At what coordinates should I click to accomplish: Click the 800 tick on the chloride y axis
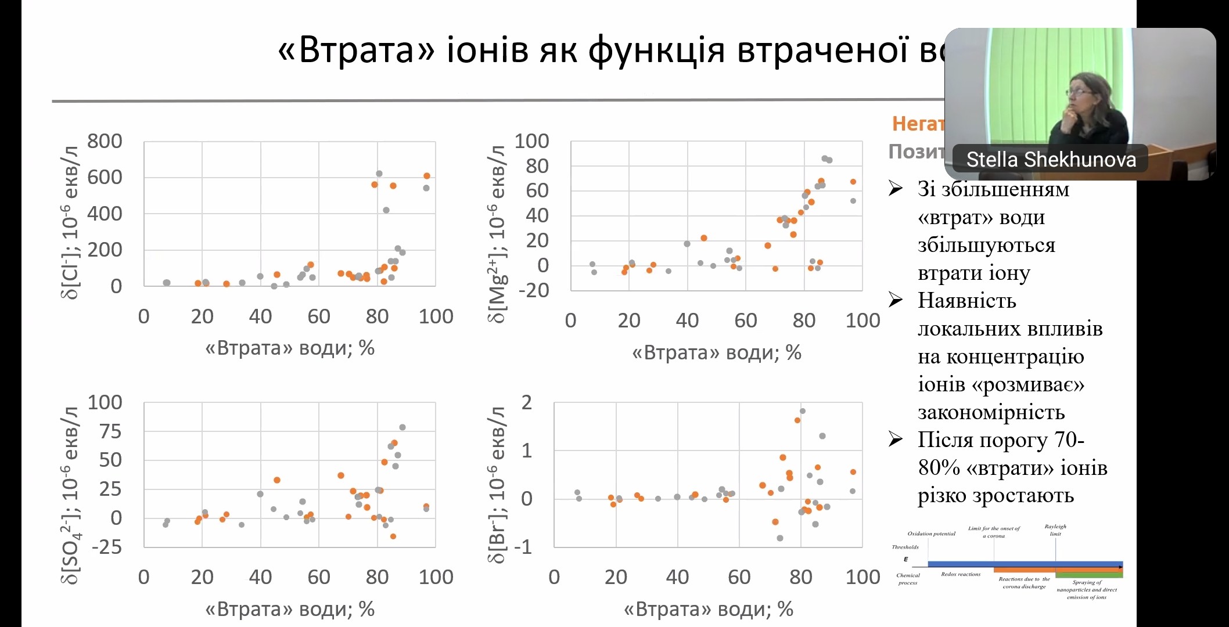point(105,141)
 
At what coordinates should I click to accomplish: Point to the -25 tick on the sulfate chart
point(105,547)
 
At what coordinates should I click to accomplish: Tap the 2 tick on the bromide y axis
point(526,402)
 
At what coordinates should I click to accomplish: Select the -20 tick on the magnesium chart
point(534,290)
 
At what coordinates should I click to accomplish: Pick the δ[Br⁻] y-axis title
point(497,485)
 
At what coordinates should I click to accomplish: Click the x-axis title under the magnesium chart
point(717,352)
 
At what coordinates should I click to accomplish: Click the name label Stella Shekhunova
point(1051,159)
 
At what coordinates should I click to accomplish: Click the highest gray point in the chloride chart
point(379,174)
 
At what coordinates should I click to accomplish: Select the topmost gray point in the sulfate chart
point(403,427)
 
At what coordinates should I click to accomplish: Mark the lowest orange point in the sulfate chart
point(393,536)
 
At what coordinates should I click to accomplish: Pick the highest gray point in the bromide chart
point(803,411)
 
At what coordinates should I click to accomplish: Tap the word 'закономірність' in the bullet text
point(991,412)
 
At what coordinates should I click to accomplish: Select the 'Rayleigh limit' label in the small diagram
point(1055,530)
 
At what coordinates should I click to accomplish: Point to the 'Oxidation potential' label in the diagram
point(931,534)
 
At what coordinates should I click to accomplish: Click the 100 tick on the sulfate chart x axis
point(436,577)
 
